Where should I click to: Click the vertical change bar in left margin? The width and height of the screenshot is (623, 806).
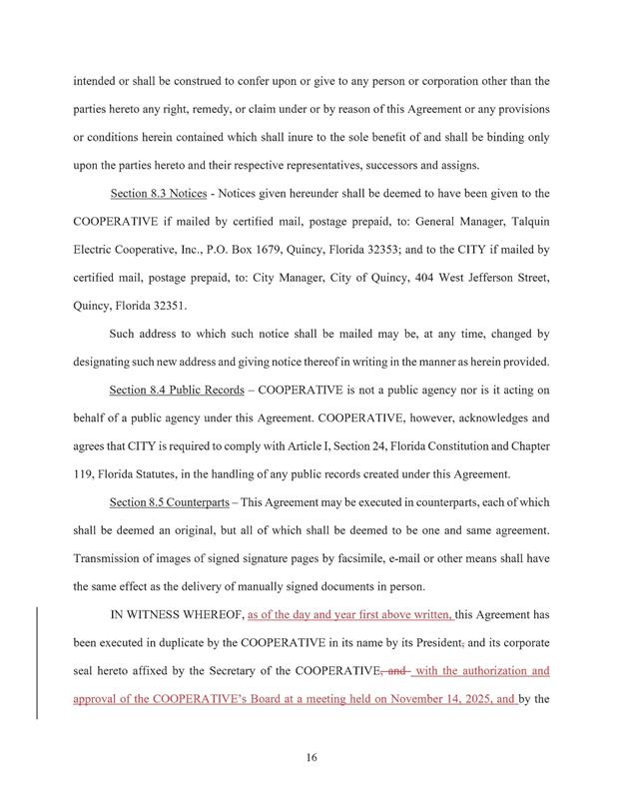tap(37, 662)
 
